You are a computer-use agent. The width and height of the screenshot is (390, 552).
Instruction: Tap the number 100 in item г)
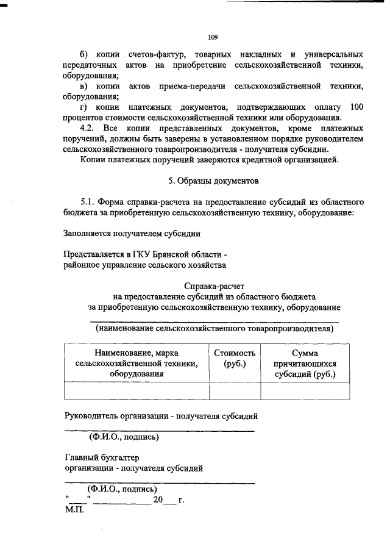coord(357,107)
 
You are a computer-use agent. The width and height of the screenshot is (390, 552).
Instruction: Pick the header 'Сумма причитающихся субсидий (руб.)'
coord(305,364)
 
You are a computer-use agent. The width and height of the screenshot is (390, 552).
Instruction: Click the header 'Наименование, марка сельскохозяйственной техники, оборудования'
coord(136,364)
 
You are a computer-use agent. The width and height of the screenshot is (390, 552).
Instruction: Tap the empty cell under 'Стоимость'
coord(235,391)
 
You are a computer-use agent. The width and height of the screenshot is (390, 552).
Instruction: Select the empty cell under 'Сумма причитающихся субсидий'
coord(305,391)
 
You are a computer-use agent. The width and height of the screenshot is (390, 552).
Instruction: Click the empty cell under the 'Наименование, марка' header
coord(136,391)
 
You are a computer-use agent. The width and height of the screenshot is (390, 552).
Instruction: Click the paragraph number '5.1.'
coord(90,202)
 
